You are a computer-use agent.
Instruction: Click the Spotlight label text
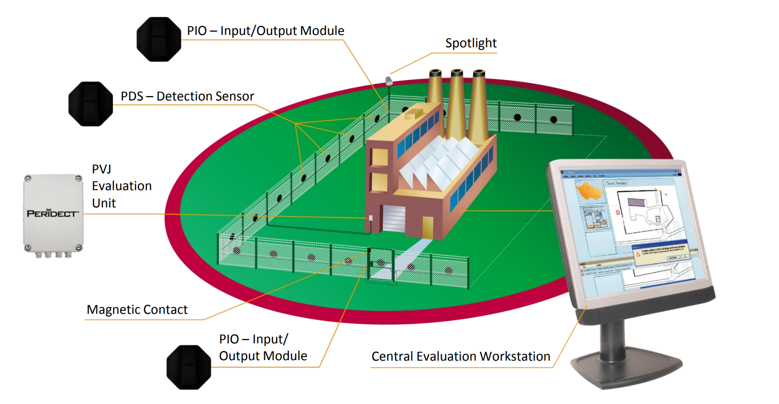(x=470, y=43)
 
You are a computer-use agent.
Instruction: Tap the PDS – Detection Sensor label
(x=187, y=96)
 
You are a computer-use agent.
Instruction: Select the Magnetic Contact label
(x=137, y=309)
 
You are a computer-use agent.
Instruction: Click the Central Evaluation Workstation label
(x=461, y=356)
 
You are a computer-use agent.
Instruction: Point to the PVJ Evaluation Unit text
(x=122, y=186)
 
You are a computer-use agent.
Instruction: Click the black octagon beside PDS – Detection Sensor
(x=91, y=104)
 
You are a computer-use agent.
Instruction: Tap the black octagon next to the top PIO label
(x=158, y=39)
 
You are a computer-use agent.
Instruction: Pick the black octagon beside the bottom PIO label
(x=188, y=367)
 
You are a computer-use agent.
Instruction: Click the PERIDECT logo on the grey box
(x=53, y=213)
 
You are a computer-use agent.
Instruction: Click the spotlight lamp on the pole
(x=388, y=80)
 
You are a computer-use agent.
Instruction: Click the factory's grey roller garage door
(x=394, y=218)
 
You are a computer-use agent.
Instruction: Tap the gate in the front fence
(x=380, y=266)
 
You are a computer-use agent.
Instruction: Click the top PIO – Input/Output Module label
(x=265, y=31)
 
